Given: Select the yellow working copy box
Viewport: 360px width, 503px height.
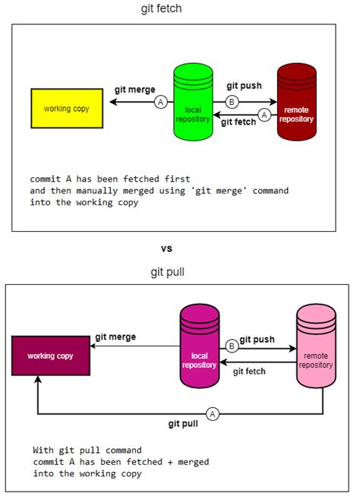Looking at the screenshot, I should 66,108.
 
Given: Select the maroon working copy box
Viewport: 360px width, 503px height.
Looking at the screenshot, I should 50,356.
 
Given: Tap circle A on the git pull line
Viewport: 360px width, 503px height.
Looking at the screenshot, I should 213,413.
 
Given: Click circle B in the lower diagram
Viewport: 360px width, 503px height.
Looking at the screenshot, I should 233,346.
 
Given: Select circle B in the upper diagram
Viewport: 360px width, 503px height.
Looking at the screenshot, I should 232,101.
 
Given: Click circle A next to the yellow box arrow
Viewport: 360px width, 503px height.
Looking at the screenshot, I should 160,101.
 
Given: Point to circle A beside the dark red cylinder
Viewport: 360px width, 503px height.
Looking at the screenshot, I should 264,115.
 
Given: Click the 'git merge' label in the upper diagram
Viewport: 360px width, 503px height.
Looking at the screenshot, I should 134,89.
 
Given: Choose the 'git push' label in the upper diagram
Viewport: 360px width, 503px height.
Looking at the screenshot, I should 244,85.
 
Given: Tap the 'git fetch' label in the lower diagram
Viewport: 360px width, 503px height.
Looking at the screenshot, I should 249,372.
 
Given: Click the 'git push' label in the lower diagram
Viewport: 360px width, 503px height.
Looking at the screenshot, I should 257,340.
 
